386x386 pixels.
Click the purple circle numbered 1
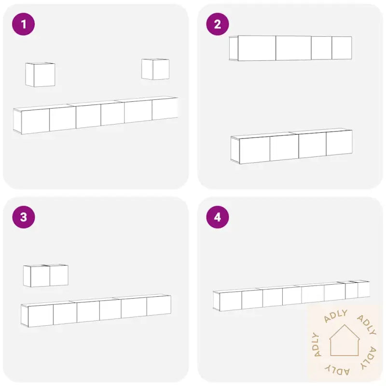point(23,24)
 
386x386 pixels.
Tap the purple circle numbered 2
point(218,24)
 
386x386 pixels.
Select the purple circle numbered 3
point(23,217)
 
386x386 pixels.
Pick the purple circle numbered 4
point(218,217)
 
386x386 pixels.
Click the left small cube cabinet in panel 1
point(40,75)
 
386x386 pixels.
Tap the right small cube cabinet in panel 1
point(155,69)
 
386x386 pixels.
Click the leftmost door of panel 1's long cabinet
point(35,122)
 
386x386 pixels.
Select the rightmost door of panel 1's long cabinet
point(165,109)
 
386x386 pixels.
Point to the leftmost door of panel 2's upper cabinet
point(257,48)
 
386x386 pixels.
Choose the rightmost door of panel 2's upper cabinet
point(342,48)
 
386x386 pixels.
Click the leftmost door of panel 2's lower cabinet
point(255,150)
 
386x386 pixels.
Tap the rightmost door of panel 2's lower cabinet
point(339,143)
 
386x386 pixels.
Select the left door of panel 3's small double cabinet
point(40,276)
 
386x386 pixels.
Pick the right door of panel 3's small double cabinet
point(59,276)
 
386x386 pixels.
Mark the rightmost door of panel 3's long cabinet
point(159,306)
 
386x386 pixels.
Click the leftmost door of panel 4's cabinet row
point(231,301)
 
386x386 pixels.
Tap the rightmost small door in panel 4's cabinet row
point(364,290)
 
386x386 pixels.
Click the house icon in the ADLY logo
point(345,340)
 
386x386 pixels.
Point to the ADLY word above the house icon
point(336,316)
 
